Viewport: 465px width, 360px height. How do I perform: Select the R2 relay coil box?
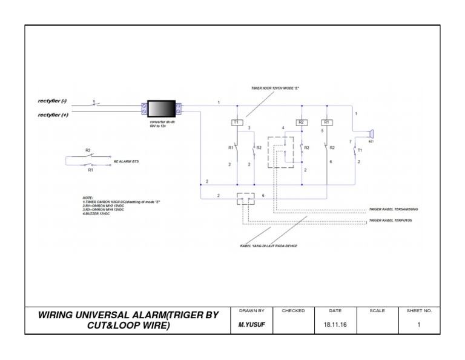[x=300, y=122]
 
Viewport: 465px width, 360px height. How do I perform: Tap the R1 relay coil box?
[x=327, y=122]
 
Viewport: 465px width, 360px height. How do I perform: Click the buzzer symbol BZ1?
[x=372, y=132]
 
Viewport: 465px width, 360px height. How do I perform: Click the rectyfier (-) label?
[x=53, y=102]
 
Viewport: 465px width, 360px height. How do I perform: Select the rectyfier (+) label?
[x=53, y=114]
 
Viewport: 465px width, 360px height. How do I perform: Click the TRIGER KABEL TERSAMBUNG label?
[x=394, y=209]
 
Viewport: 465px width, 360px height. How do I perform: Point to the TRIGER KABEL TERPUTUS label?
[x=391, y=221]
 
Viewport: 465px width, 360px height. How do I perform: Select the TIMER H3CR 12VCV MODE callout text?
[x=275, y=88]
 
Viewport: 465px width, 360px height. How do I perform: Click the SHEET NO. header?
[x=419, y=310]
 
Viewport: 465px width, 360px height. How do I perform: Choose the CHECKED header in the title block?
[x=293, y=310]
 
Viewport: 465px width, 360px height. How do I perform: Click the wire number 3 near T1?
[x=249, y=128]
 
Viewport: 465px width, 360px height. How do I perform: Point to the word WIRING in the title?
[x=59, y=315]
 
